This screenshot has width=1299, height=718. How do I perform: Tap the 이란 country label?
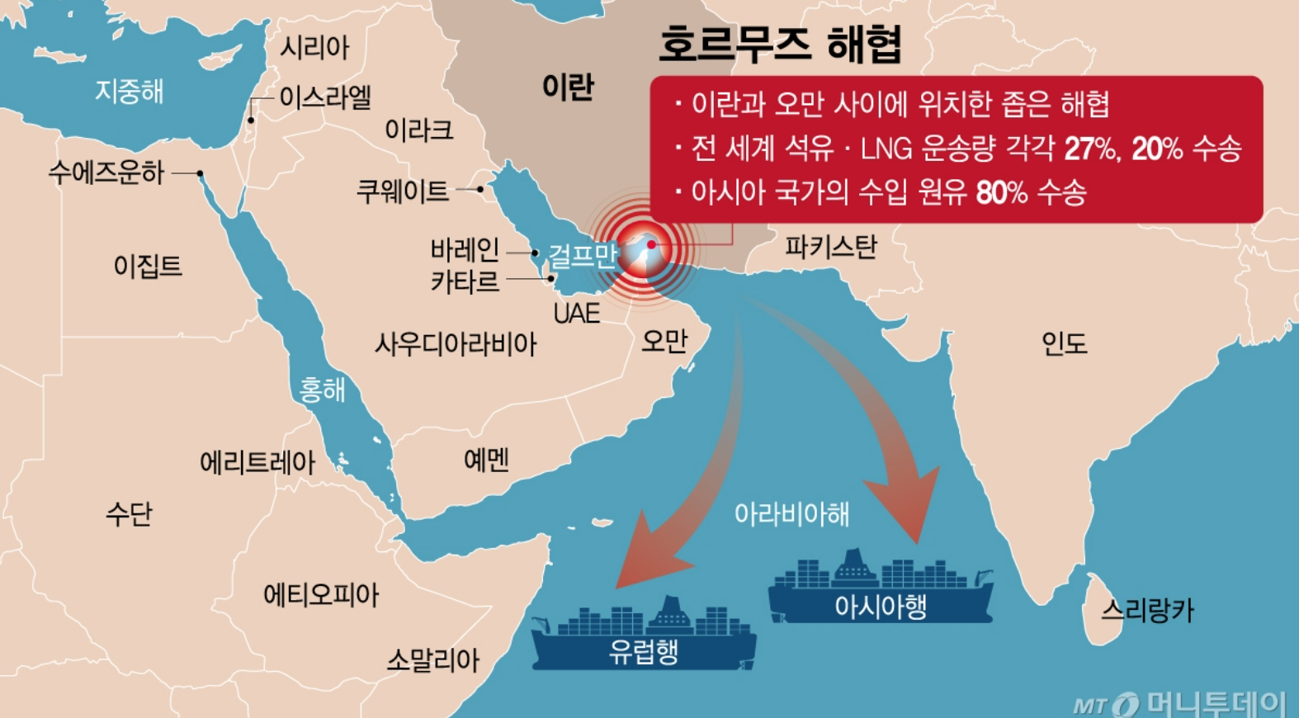point(568,87)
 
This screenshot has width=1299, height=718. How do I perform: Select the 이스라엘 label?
point(325,97)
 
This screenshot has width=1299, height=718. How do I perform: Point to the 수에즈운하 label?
point(106,172)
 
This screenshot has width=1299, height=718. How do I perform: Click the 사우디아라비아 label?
point(456,343)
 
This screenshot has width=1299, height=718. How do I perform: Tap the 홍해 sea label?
point(322,389)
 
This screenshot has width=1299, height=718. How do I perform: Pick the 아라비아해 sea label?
point(791,513)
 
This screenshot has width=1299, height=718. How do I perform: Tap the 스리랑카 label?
point(1147,610)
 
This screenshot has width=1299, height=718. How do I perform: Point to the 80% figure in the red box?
point(1001,192)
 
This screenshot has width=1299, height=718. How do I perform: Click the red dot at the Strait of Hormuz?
point(651,244)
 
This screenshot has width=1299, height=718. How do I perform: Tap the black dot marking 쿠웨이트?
point(480,189)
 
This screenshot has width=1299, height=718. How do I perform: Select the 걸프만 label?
point(583,256)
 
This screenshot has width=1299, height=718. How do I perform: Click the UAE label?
point(576,314)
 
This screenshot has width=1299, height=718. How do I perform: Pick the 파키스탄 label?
point(830,246)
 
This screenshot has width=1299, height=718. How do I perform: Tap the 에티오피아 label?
point(321,594)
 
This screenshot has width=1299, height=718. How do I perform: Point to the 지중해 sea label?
point(129,91)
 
